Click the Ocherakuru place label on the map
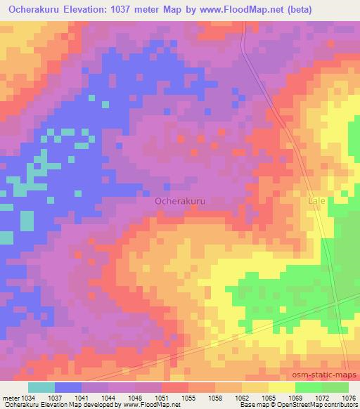pos(179,201)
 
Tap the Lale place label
pos(317,201)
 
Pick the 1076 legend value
pos(348,397)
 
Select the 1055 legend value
pos(188,397)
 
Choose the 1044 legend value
pos(108,397)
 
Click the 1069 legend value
pos(295,397)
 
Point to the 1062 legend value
pos(241,397)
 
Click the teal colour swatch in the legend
pos(41,387)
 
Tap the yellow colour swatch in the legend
pos(281,387)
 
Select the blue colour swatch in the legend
pos(68,387)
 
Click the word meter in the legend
pos(11,397)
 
